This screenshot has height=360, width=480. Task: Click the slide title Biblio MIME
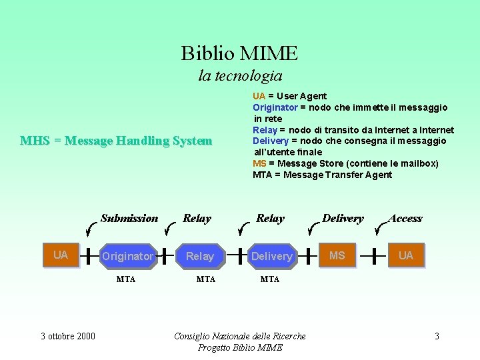pos(239,53)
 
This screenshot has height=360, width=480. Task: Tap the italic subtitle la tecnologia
pos(240,76)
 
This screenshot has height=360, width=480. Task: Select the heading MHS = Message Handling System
pos(116,141)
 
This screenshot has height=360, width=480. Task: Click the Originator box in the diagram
pos(128,256)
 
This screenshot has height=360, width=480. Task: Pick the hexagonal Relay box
pos(200,256)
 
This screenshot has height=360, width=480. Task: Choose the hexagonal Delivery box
pos(272,256)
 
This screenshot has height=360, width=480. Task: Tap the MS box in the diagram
pos(337,255)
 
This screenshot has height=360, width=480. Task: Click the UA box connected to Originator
pos(61,255)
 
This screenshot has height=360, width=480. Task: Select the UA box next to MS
pos(405,255)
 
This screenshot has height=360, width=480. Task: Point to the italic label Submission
pos(129,218)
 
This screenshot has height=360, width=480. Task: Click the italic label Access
pos(405,218)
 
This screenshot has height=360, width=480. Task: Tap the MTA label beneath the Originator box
pos(126,279)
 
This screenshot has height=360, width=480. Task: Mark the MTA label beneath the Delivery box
pos(270,279)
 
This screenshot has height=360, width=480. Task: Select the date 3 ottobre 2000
pos(68,336)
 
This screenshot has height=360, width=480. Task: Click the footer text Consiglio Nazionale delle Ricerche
pos(240,336)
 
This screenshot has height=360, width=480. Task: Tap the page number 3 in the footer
pos(437,336)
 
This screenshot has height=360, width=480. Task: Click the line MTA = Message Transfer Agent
pos(323,175)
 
